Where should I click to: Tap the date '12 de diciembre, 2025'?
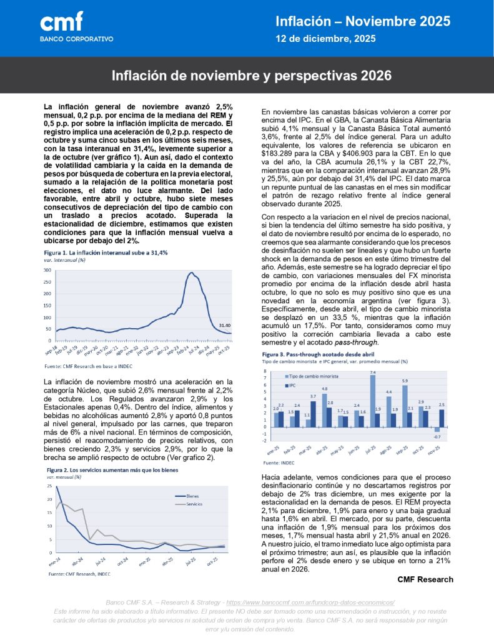pos(326,39)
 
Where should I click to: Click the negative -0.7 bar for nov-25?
pos(437,429)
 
